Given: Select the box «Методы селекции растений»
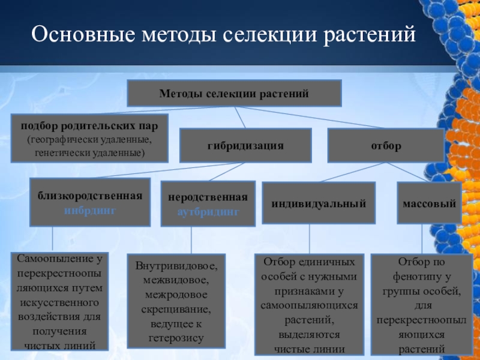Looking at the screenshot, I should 234,94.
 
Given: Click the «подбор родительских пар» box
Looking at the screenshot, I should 89,138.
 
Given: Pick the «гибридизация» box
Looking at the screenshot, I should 245,146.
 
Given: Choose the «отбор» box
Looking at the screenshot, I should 386,146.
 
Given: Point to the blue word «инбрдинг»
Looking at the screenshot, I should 90,211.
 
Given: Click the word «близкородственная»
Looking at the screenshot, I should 90,196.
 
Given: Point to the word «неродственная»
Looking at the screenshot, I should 208,199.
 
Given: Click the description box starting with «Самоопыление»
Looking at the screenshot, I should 61,302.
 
